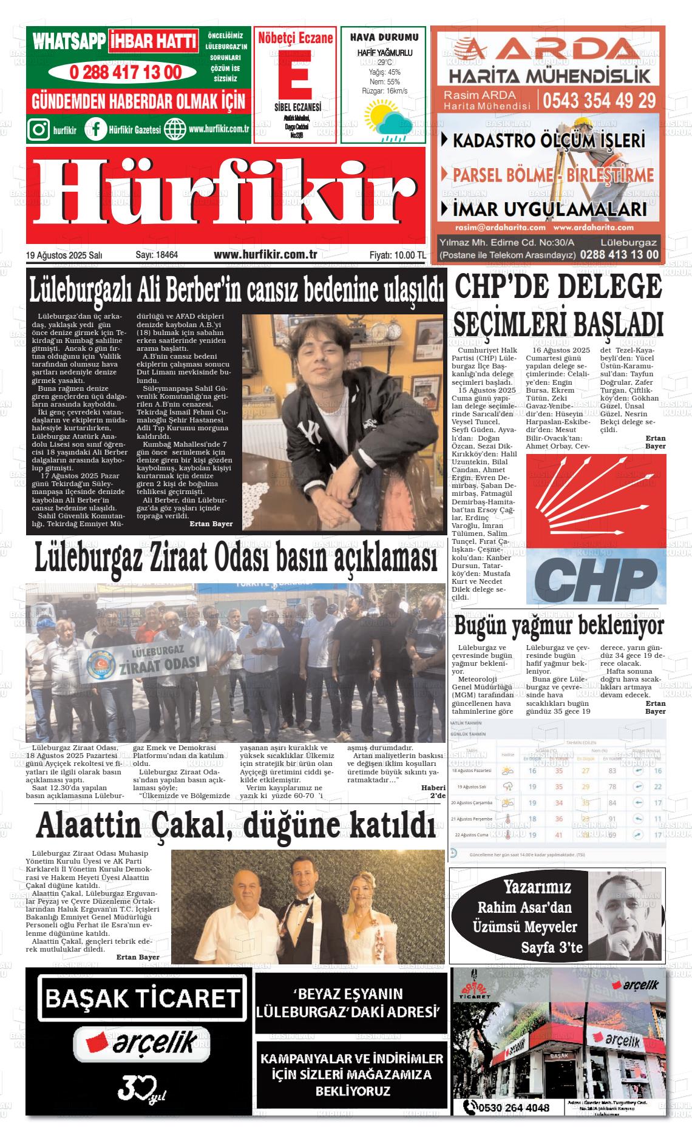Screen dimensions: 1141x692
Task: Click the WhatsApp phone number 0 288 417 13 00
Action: [x=125, y=72]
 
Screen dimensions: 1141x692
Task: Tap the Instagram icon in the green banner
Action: [x=39, y=129]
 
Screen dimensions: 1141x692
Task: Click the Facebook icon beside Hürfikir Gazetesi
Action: [x=96, y=129]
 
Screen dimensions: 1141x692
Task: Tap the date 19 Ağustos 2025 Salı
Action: [x=64, y=256]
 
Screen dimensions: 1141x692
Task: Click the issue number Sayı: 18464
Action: [x=157, y=256]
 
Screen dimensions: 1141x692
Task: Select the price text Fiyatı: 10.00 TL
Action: [x=397, y=256]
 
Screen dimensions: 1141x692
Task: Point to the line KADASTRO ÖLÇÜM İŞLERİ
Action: [x=548, y=141]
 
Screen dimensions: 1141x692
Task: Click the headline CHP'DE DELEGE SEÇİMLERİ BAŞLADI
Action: [x=558, y=305]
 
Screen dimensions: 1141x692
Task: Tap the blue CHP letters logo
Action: [x=595, y=578]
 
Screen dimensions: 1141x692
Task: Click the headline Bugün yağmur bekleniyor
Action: [x=559, y=625]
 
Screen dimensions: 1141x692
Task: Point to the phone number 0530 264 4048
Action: [x=513, y=1108]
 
